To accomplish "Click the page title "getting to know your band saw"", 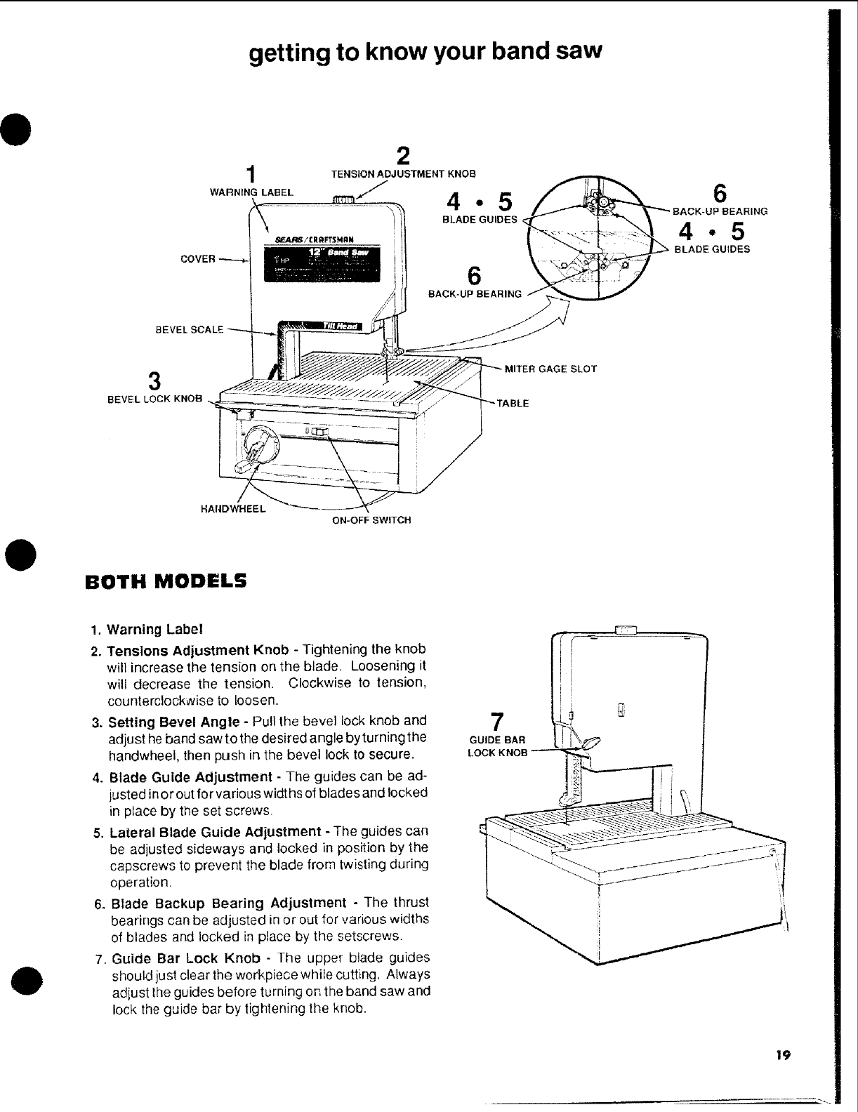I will [x=426, y=52].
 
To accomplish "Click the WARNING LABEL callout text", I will [x=252, y=192].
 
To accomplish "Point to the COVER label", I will [x=198, y=259].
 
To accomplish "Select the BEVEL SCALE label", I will [x=190, y=329].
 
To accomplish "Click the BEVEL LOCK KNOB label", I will [x=154, y=399].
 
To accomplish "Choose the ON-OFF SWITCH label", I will [x=371, y=520].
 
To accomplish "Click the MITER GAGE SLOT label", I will [x=550, y=369].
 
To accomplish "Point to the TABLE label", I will [x=513, y=404].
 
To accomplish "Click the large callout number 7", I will [x=496, y=722].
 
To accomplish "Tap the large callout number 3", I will [x=155, y=381].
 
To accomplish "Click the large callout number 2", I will [x=403, y=155].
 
